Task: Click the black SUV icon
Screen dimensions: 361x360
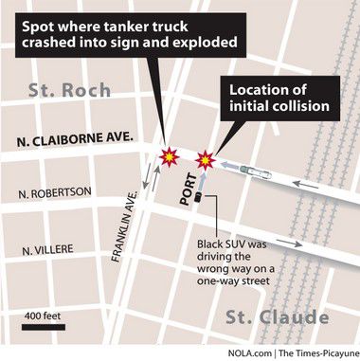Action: [x=200, y=198]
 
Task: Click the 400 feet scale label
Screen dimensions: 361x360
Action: [x=44, y=313]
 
